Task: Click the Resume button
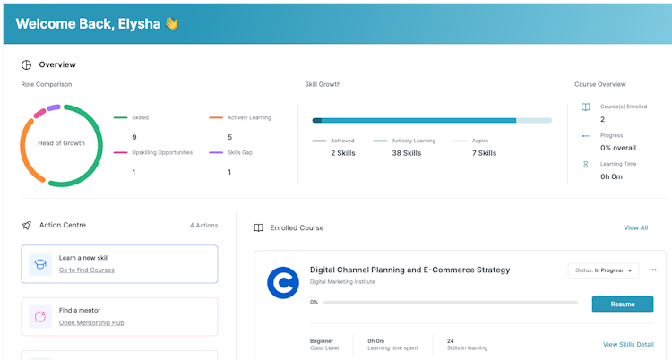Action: point(622,304)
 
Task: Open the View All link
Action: point(635,227)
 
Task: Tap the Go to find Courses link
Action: point(86,270)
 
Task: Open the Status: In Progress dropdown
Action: point(603,270)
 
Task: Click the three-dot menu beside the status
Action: point(652,270)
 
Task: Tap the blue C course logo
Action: point(282,283)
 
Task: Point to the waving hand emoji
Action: point(170,23)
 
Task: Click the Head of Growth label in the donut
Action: point(61,143)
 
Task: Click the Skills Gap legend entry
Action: point(239,152)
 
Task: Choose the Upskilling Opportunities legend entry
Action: point(161,152)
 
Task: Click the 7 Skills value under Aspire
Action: point(483,153)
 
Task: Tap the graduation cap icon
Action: point(40,263)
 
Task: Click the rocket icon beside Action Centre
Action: point(27,225)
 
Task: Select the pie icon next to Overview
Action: point(27,64)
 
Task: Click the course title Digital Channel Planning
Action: point(409,270)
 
